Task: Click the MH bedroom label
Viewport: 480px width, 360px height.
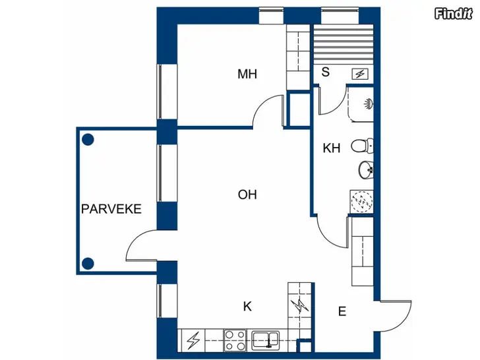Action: (x=247, y=74)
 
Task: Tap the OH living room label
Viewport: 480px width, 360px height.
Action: (x=247, y=195)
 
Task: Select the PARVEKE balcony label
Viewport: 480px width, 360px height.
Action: (x=111, y=209)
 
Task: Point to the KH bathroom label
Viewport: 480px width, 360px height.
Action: (x=332, y=148)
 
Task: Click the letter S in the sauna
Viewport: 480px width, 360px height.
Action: (x=326, y=72)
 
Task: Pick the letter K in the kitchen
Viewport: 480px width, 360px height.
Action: (x=247, y=306)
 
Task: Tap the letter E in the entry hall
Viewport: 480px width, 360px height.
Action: (x=342, y=311)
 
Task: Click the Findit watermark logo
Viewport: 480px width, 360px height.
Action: (x=454, y=14)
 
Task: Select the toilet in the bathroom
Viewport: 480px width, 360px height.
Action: (x=362, y=146)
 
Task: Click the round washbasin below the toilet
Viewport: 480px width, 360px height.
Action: (x=365, y=169)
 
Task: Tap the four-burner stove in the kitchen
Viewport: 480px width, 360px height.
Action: (x=235, y=340)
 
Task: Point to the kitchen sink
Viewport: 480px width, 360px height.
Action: (x=265, y=340)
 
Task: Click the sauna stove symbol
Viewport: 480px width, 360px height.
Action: (x=360, y=74)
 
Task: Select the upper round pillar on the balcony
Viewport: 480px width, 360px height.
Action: (x=88, y=140)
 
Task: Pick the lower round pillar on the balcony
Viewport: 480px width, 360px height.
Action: (x=88, y=263)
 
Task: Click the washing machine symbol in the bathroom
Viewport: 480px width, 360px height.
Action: (x=361, y=202)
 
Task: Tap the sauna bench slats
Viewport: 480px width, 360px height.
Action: (x=344, y=44)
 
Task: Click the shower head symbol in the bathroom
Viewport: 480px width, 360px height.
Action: (x=369, y=104)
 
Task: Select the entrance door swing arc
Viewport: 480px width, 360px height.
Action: (x=403, y=322)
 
